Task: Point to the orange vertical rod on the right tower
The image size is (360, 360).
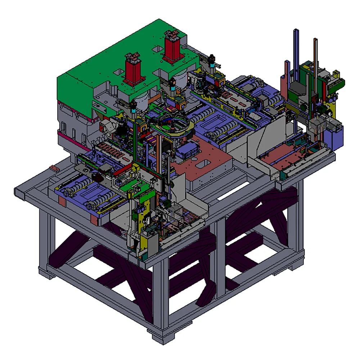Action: [315, 61]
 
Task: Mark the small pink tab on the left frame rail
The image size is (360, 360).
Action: [54, 168]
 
